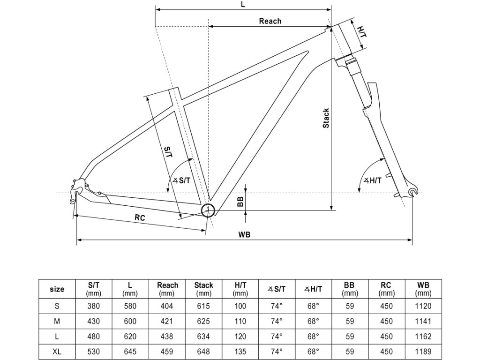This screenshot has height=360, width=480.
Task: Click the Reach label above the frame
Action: (270, 21)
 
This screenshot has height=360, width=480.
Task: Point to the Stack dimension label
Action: (326, 118)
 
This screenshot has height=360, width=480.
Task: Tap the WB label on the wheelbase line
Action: (244, 234)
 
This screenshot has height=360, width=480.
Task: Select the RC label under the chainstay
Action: (139, 217)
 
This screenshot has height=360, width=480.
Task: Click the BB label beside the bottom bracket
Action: (240, 202)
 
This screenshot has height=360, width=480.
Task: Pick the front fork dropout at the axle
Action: (412, 191)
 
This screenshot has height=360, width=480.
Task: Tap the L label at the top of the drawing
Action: (242, 4)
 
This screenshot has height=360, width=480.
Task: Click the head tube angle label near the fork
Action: (373, 180)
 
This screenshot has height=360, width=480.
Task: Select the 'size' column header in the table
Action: (57, 289)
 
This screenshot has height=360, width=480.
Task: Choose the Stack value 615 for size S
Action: (203, 306)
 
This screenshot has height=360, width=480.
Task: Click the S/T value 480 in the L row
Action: (94, 336)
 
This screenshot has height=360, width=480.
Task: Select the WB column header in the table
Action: (423, 289)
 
